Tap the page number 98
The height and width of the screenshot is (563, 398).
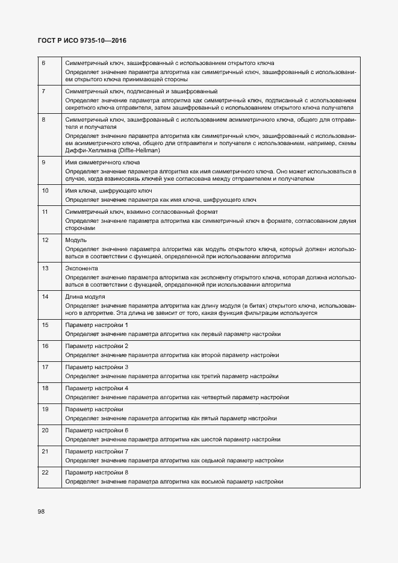[42, 511]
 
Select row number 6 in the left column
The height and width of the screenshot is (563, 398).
[43, 63]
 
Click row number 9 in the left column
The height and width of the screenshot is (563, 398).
[43, 163]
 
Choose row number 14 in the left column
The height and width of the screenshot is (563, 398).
[44, 297]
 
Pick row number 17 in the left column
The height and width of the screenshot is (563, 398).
[44, 367]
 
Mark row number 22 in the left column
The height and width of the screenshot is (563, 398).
[44, 473]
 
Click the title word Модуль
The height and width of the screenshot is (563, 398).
[76, 240]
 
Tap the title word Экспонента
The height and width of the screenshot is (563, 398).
[81, 268]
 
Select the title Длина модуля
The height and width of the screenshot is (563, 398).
[85, 297]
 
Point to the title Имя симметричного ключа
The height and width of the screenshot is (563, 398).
[102, 163]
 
